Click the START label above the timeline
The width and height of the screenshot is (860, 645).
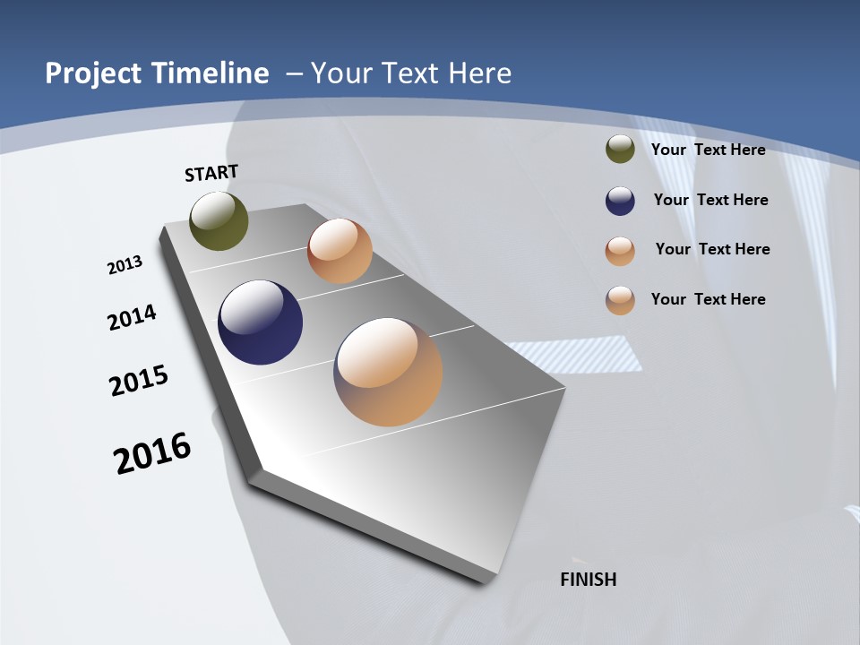point(211,173)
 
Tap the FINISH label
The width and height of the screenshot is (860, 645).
point(588,580)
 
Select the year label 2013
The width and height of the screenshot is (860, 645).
point(125,265)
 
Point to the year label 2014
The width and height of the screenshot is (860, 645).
point(132,318)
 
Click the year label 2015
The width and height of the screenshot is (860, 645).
point(139,381)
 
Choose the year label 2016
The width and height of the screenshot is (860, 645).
point(152,453)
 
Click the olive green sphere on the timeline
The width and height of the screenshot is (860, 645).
point(219,220)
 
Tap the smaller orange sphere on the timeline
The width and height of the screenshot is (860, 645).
point(340,251)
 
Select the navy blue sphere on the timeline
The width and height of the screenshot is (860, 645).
point(260,322)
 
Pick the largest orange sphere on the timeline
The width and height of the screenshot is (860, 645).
point(388,372)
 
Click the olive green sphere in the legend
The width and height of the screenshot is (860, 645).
point(620,150)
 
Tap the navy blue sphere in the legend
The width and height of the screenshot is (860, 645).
point(620,201)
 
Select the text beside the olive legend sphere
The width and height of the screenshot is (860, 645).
point(708,150)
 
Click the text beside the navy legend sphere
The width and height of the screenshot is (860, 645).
point(710,200)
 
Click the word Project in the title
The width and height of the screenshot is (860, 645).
point(93,73)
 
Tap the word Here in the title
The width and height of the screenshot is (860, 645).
point(480,73)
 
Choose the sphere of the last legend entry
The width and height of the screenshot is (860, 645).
point(620,300)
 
